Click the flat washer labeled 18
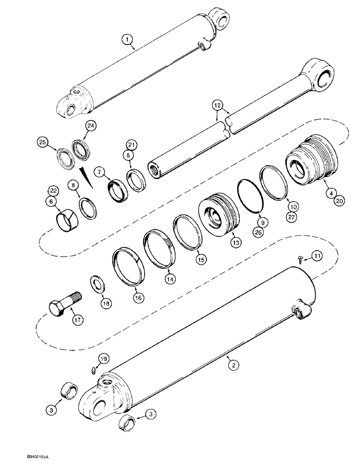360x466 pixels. pos(98,283)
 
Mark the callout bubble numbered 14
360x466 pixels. pos(170,279)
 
